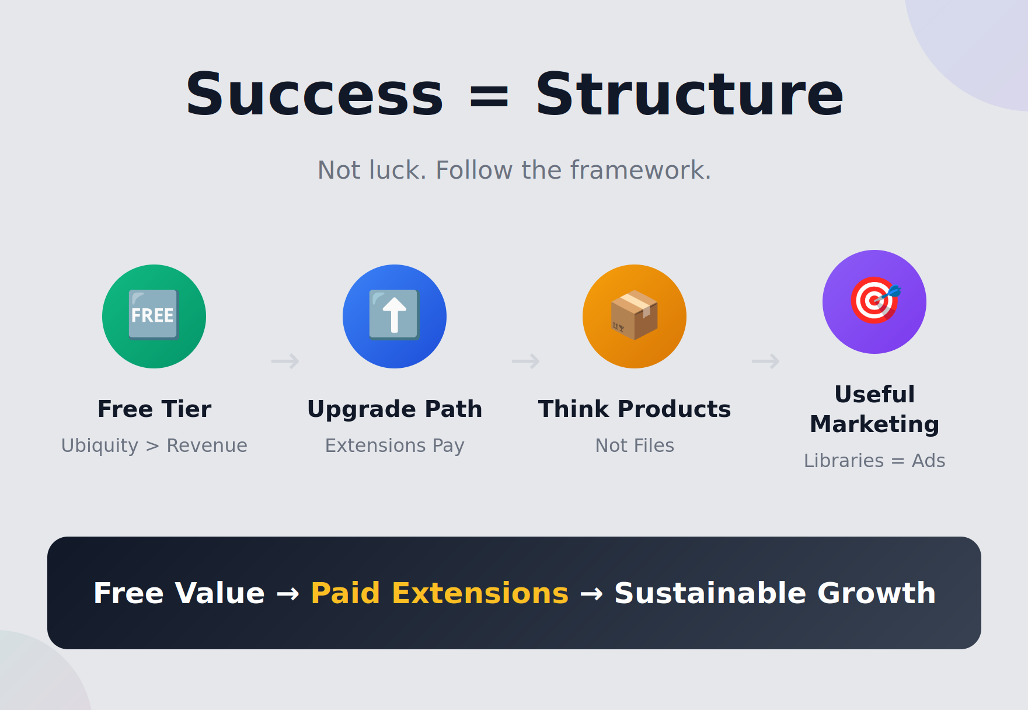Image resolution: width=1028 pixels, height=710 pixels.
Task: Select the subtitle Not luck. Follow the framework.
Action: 514,170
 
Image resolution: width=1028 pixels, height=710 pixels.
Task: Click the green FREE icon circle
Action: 154,316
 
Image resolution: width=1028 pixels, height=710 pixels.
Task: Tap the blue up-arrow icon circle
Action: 395,316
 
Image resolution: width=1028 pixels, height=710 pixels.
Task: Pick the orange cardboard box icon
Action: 635,316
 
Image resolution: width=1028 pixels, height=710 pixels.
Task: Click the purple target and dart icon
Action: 874,302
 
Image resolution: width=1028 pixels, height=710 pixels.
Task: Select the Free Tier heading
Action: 154,409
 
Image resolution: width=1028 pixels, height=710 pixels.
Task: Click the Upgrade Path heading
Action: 395,409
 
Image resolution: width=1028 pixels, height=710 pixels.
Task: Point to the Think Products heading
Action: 635,409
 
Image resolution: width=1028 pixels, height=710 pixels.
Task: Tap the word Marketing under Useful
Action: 874,424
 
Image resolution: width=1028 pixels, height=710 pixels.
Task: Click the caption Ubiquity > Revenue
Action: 154,446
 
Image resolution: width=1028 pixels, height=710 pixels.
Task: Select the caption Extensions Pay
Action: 395,446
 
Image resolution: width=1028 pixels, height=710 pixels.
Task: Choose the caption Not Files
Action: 635,446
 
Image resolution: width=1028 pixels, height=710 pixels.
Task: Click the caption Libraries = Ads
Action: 874,461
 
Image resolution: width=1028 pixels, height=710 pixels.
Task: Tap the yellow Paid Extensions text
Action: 439,593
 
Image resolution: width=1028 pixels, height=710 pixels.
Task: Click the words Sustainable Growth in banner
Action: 775,593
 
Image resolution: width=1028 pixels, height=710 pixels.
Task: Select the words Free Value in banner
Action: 179,593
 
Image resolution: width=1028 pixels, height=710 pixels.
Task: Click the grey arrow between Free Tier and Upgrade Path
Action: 285,361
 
